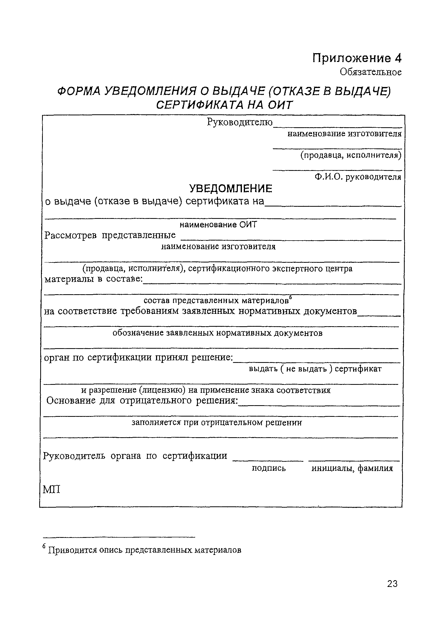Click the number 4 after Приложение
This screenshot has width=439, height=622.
click(x=397, y=58)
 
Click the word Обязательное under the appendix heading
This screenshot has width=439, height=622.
click(x=371, y=72)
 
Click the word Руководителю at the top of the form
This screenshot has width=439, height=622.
click(x=240, y=122)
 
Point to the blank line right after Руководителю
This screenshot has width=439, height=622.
click(x=337, y=126)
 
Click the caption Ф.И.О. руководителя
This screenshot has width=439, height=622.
click(x=357, y=177)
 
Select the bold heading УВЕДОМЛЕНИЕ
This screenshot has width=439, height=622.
click(x=231, y=189)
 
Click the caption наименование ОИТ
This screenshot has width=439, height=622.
click(x=218, y=225)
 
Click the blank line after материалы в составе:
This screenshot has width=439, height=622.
click(x=272, y=283)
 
